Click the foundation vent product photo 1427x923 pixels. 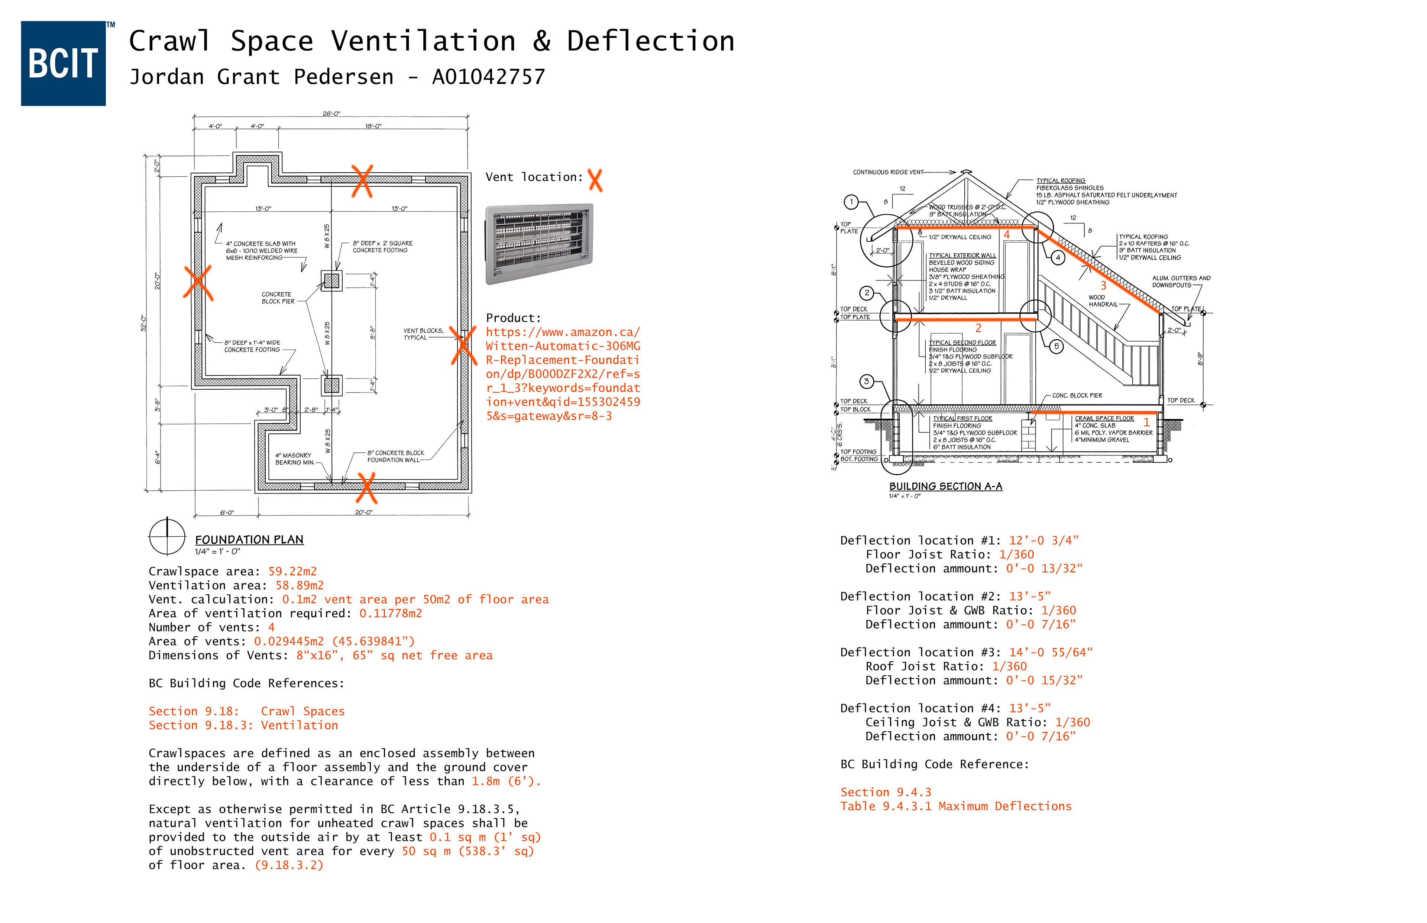pos(539,243)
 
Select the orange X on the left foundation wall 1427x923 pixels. pos(198,283)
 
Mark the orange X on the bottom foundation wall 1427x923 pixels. pos(366,487)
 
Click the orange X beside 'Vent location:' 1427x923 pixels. pos(595,180)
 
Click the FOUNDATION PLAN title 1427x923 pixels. pos(249,539)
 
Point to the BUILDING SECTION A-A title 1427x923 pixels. pos(945,486)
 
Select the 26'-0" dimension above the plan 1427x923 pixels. pos(331,113)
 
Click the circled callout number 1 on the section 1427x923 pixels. pos(851,202)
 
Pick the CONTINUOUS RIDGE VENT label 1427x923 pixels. pos(888,172)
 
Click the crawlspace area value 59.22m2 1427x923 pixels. pos(292,571)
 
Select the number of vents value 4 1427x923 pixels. pos(271,627)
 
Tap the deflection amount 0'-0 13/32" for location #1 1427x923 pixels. pos(1044,568)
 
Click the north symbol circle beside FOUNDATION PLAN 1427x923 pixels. pos(167,536)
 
